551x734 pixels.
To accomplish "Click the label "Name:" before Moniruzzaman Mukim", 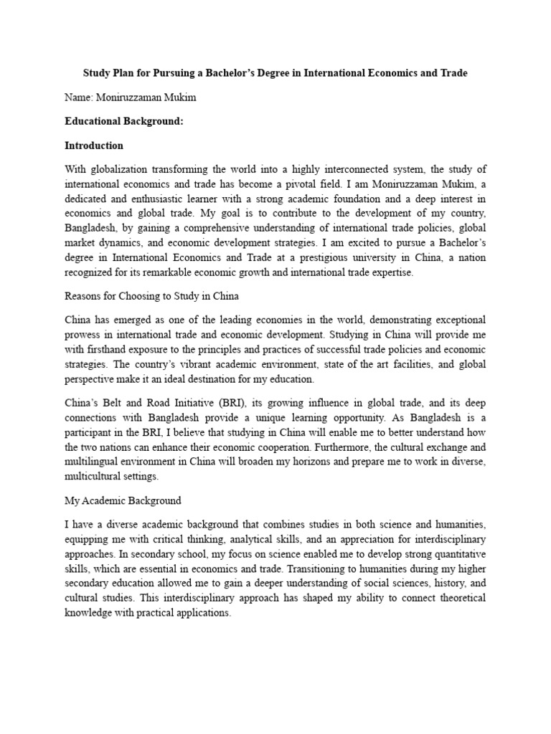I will click(x=79, y=97).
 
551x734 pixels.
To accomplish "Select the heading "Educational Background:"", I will click(x=124, y=122).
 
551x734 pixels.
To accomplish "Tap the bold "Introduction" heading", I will click(x=94, y=146).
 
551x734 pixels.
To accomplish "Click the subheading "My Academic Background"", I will click(x=123, y=500).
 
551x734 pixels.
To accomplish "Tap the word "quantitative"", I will click(x=456, y=552).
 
